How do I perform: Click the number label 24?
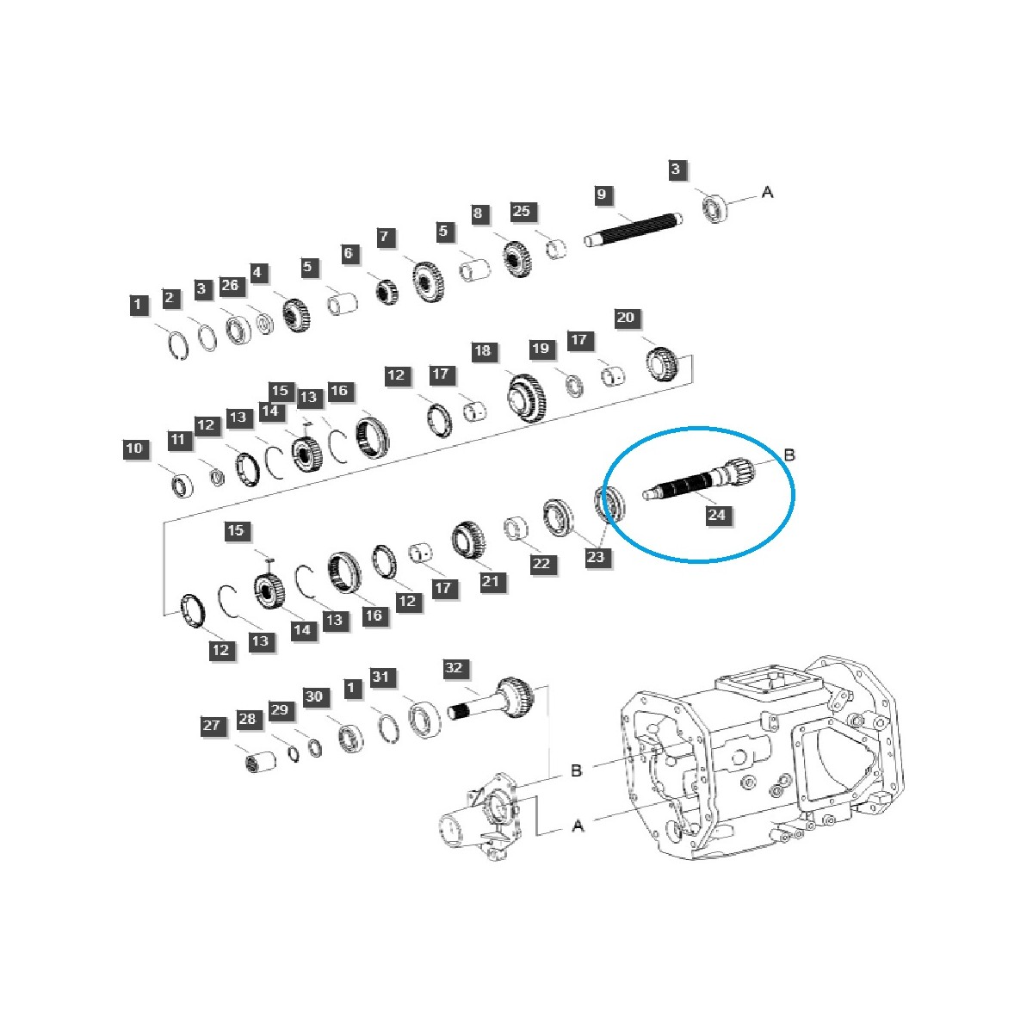tap(716, 515)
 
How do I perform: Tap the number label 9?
tap(602, 195)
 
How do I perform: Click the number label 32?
tap(454, 668)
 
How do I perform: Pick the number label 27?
tap(212, 726)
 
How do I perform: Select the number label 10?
tap(134, 448)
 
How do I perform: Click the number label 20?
tap(625, 318)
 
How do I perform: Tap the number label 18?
tap(482, 350)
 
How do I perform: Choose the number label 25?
tap(523, 212)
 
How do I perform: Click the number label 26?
tap(229, 286)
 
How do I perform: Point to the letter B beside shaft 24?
tap(789, 455)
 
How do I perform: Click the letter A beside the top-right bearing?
tap(767, 191)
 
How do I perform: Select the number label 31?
tap(381, 677)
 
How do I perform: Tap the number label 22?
tap(541, 564)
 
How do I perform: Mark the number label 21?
tap(490, 582)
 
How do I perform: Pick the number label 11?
tap(177, 440)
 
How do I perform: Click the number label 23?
tap(596, 557)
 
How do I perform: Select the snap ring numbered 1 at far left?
tap(176, 344)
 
